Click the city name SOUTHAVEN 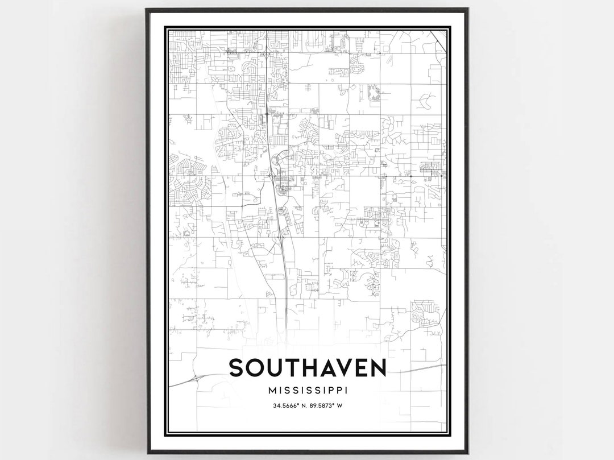307,368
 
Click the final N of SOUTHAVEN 377,368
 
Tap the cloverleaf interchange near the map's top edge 266,54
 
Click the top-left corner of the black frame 147,10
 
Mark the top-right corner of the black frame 467,10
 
